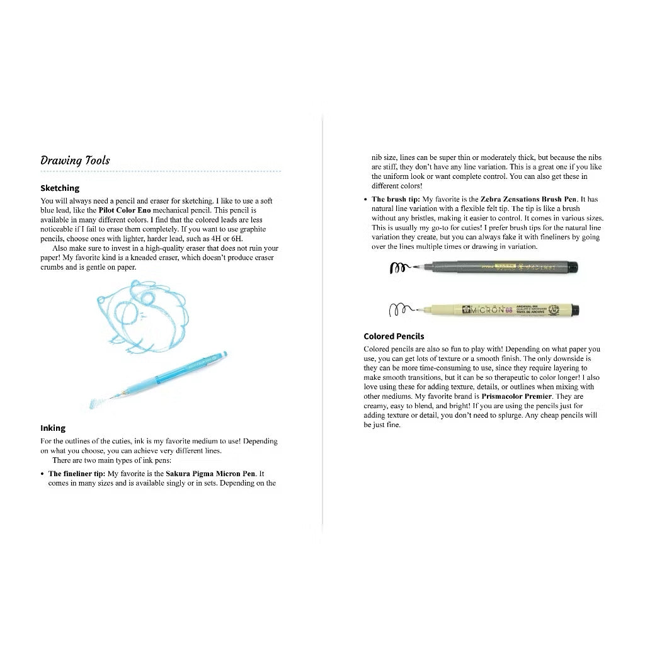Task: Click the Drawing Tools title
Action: [x=75, y=160]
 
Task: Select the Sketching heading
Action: [x=60, y=188]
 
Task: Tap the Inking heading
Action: [x=53, y=428]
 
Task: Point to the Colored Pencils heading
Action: [x=394, y=336]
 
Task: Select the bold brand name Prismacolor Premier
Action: [x=517, y=396]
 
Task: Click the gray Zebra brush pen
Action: [x=498, y=266]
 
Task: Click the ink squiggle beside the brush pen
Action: [x=398, y=268]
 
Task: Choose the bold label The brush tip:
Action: [x=396, y=199]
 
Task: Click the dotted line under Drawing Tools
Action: [x=161, y=171]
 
